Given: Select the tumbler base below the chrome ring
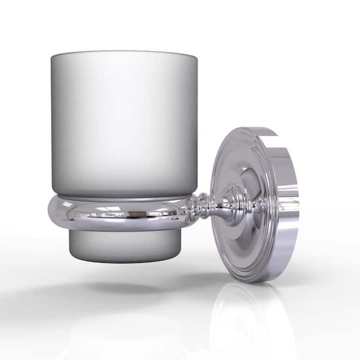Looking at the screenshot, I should (x=123, y=246).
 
